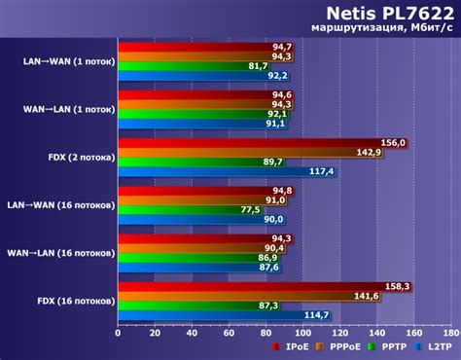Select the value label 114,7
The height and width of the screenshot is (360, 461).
317,315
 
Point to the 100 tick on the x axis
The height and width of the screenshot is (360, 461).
302,333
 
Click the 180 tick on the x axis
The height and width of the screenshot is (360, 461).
450,333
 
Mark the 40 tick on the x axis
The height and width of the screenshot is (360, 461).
192,333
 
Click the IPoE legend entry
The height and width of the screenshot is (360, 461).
293,347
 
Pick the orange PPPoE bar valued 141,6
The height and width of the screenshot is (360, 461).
248,296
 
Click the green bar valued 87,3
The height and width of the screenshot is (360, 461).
198,306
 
